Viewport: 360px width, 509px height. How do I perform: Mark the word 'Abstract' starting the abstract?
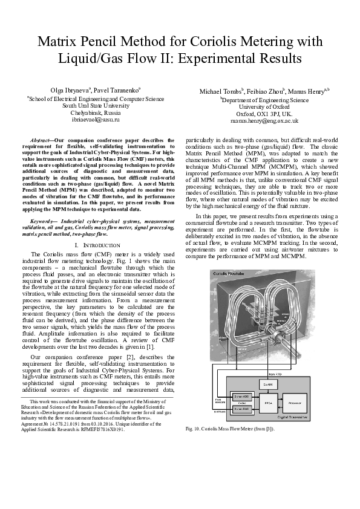(x=42, y=140)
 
